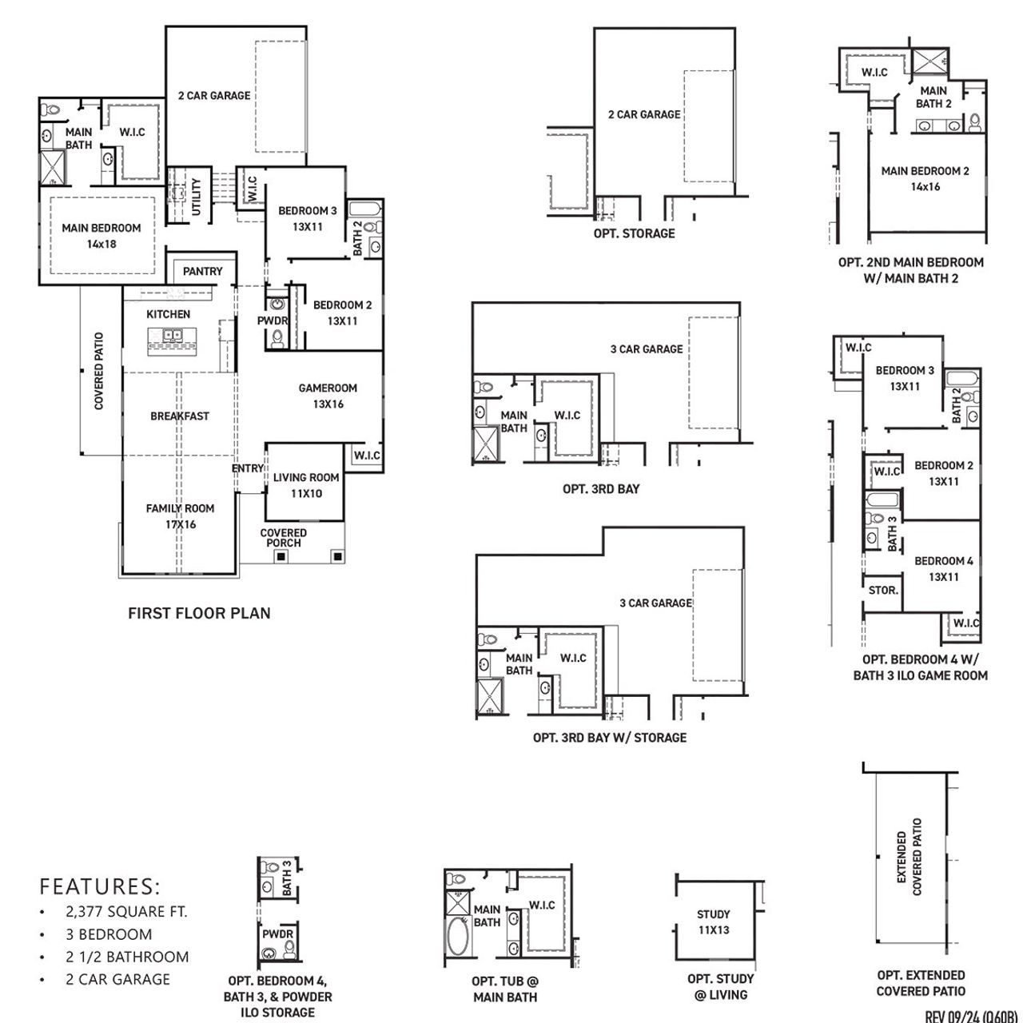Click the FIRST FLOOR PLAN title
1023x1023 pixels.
pos(199,613)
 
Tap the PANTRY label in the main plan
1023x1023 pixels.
pos(202,271)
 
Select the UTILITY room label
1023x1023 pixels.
pos(197,196)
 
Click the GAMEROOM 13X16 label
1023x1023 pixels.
pos(328,396)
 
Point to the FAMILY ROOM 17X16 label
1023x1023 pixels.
pos(180,516)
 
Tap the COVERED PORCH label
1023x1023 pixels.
pos(283,538)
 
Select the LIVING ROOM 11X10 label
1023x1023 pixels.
pos(305,485)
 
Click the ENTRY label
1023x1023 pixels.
pos(247,468)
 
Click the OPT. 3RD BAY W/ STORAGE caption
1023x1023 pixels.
pos(609,738)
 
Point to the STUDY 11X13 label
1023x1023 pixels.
pos(713,921)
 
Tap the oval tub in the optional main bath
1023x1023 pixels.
pos(458,937)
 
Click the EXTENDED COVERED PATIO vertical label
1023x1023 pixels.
pos(910,856)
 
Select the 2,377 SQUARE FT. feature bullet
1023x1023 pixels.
pos(126,911)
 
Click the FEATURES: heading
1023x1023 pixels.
pos(100,886)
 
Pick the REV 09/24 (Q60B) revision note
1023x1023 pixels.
pos(972,1017)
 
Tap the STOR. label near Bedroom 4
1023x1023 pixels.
pos(883,591)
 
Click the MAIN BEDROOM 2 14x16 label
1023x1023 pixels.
pos(925,178)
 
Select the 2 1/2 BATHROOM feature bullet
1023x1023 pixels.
pos(127,957)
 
